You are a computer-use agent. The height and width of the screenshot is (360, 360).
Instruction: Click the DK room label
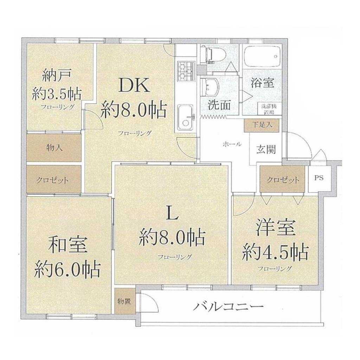(135, 85)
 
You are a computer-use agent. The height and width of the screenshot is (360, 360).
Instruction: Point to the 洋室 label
(275, 227)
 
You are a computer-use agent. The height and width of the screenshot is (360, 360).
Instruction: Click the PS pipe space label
(319, 178)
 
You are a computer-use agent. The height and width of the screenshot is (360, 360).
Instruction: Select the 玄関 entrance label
(266, 150)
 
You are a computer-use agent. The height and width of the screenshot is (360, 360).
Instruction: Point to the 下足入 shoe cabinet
(262, 126)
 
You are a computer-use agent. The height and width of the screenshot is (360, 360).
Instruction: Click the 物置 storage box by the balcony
(124, 301)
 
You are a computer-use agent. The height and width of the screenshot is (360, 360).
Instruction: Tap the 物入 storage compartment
(54, 148)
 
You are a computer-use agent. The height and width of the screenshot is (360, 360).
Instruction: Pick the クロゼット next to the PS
(282, 179)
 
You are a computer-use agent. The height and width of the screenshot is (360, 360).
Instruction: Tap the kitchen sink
(186, 117)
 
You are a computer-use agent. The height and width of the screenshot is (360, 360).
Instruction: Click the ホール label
(232, 144)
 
